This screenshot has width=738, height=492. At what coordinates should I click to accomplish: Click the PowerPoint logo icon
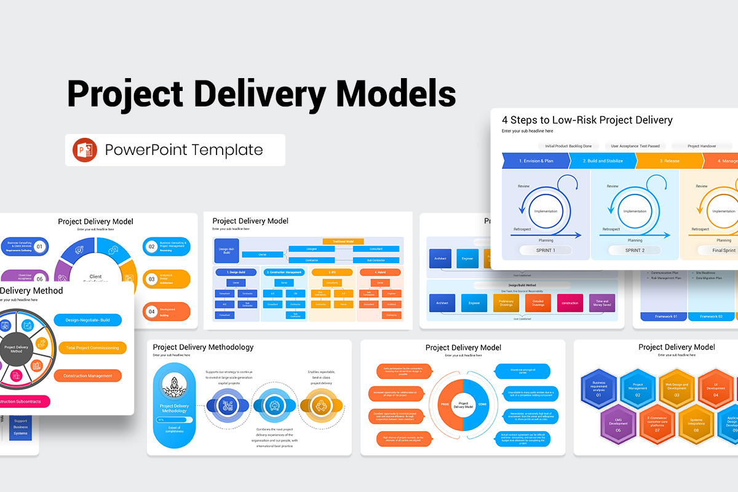click(85, 150)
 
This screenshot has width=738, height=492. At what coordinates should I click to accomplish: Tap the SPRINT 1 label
click(545, 250)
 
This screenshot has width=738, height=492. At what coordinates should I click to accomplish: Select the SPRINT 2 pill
click(634, 250)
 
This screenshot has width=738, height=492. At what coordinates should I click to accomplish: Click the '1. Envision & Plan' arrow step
click(536, 161)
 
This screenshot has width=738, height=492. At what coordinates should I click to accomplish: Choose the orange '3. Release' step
click(669, 161)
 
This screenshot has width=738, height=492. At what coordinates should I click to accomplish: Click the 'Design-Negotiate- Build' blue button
click(88, 320)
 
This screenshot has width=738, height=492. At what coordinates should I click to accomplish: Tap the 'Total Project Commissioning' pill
click(92, 348)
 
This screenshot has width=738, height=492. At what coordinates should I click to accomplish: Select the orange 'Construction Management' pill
click(88, 376)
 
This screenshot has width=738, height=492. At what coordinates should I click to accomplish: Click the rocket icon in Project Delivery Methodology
click(174, 386)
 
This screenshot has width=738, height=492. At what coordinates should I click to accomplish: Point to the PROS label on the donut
click(445, 404)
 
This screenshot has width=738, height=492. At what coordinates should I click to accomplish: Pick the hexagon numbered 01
click(598, 389)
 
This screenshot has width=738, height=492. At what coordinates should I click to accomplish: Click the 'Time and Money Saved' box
click(602, 303)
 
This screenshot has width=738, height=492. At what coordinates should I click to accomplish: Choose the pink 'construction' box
click(569, 303)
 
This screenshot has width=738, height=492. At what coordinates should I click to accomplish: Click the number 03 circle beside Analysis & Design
click(151, 279)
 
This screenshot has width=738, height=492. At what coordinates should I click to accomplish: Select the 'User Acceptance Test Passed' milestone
click(635, 146)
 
